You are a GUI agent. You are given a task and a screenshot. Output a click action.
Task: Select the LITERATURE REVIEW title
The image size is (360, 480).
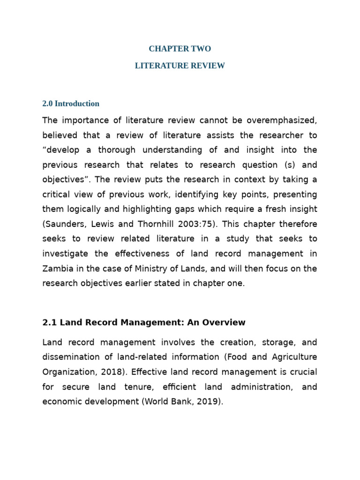[x=180, y=66]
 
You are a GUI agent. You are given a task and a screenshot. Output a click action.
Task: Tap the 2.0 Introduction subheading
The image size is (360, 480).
[x=71, y=104]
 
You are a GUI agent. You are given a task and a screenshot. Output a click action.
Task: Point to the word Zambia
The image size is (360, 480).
[x=57, y=269]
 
